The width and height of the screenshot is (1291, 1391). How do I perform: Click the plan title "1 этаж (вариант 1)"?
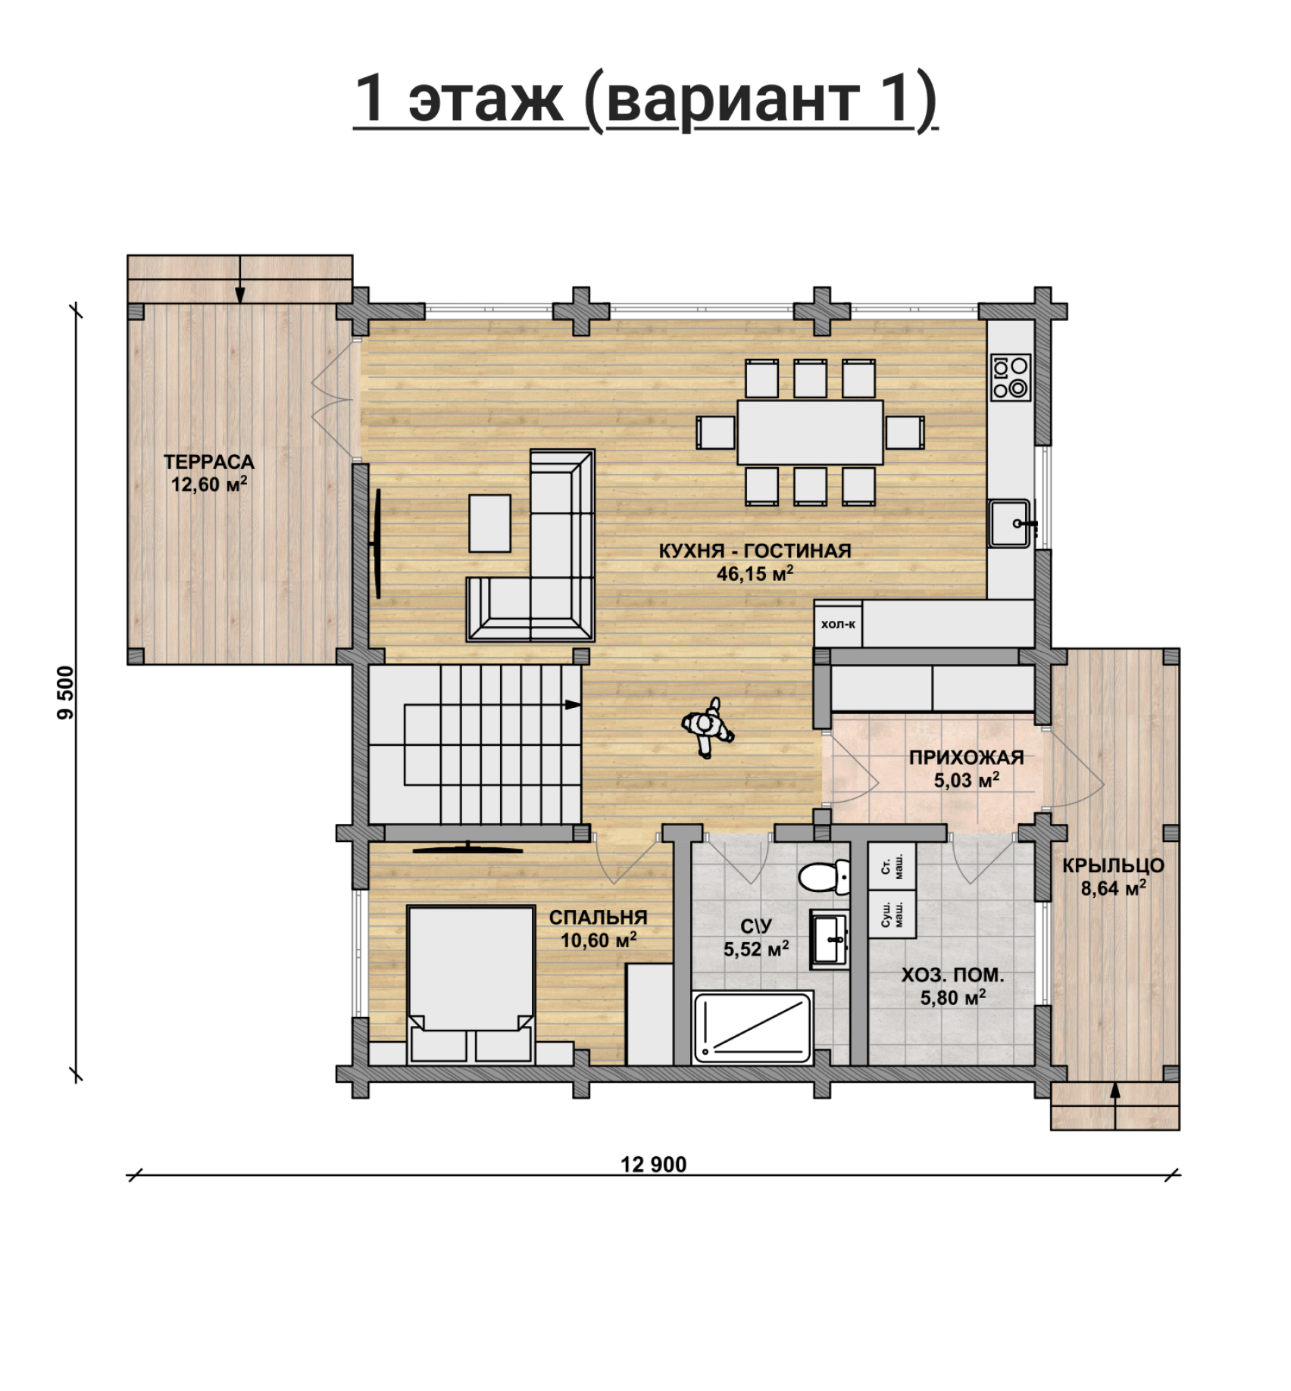pos(645,99)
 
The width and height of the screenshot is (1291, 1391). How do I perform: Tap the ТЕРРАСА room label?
pos(209,462)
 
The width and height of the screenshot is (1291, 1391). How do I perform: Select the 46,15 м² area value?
pos(755,573)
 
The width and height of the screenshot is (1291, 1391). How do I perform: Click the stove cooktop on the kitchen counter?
pos(1011,377)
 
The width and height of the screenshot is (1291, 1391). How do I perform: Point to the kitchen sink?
pos(1009,522)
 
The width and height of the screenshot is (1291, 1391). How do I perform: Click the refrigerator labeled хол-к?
pos(838,624)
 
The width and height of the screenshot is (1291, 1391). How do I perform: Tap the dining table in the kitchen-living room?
pos(810,432)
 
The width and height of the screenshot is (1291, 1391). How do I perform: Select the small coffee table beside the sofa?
pos(489,523)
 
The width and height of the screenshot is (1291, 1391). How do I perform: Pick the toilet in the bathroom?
pos(824,877)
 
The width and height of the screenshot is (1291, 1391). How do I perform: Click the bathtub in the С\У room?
pos(753,1027)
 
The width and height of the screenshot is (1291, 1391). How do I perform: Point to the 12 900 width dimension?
pos(653,1165)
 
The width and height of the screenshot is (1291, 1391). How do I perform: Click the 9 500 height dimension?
pos(67,692)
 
